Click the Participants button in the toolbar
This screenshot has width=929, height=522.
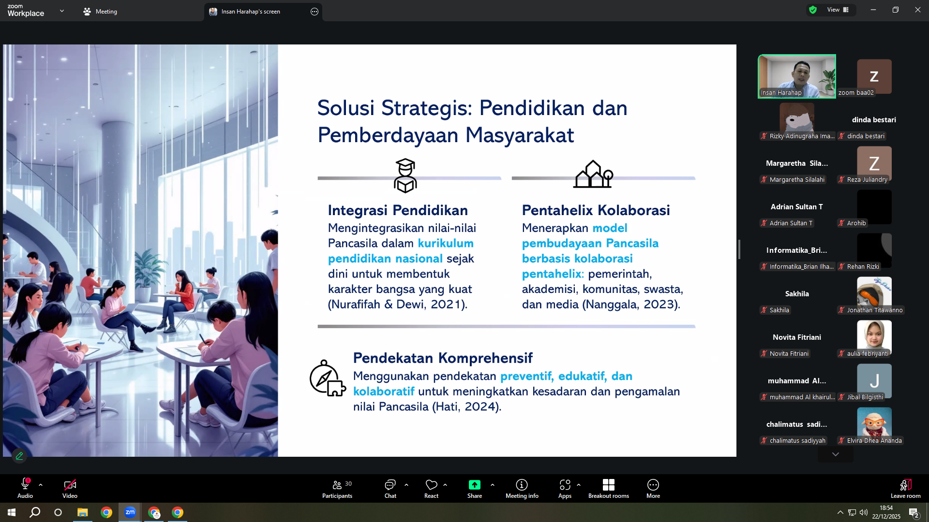(337, 489)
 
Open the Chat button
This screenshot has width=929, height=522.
(390, 489)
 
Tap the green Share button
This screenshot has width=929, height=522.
(475, 489)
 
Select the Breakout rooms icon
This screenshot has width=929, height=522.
(609, 485)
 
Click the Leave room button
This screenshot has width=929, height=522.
(906, 489)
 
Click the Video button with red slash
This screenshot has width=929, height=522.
(70, 489)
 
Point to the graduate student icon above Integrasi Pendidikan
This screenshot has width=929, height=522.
(405, 175)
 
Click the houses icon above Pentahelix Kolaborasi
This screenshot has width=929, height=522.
(593, 174)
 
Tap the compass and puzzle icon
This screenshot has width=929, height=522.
(328, 378)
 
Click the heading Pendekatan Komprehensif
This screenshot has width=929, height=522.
(443, 358)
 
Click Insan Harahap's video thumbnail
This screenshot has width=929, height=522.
(797, 76)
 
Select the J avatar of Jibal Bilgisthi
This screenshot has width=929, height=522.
(874, 381)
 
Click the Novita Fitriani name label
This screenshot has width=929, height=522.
(789, 353)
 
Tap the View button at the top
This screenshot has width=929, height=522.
(838, 10)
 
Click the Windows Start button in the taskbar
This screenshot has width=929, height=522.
(12, 512)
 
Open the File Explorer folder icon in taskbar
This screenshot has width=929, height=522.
(83, 512)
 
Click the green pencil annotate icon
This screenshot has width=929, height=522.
(19, 455)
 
